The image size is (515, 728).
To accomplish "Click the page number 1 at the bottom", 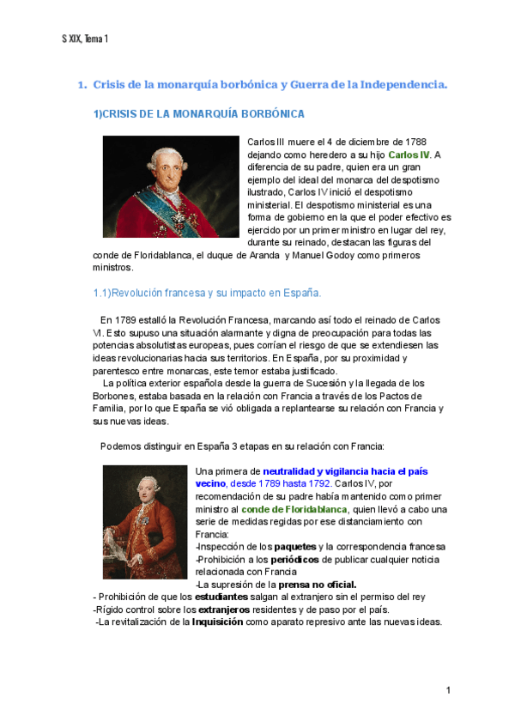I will (448, 690).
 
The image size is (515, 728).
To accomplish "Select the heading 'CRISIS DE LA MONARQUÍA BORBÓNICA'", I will (198, 114).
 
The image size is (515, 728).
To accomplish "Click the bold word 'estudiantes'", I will (221, 597).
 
